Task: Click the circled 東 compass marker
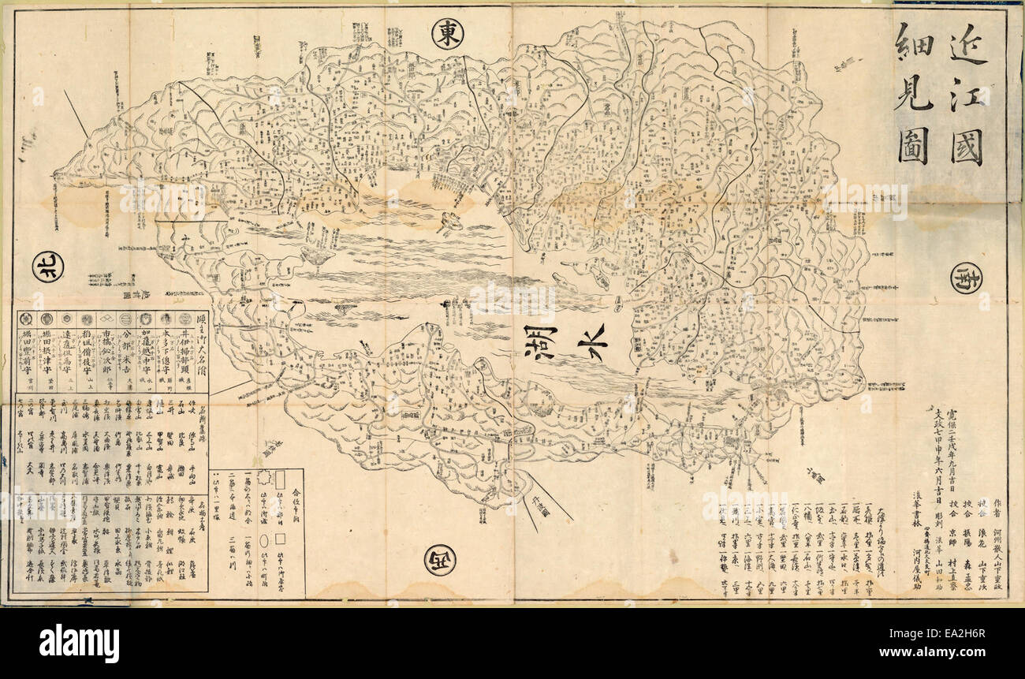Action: [448, 33]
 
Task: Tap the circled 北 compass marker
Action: [48, 267]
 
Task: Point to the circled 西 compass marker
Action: [439, 560]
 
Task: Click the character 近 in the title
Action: [967, 48]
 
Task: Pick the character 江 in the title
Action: [967, 97]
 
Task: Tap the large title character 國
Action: [967, 147]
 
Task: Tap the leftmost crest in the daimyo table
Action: [25, 319]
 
